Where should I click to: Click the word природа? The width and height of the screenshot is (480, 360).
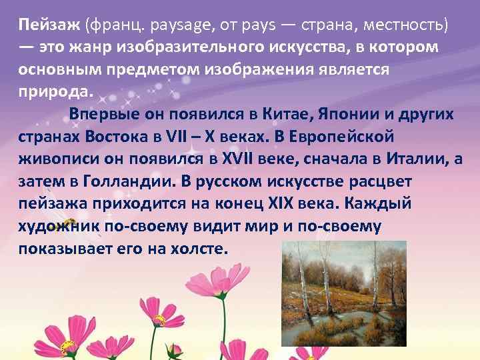tap(57, 91)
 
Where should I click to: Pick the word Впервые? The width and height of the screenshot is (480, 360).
tap(101, 113)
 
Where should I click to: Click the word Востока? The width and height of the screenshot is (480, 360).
tap(119, 136)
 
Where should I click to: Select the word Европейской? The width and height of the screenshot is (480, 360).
tap(343, 136)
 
